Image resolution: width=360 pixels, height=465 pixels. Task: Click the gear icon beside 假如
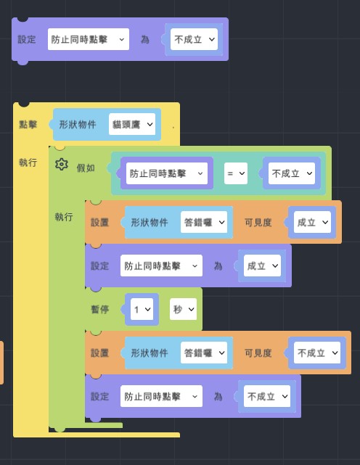coord(62,164)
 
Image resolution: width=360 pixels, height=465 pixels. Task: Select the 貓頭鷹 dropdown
coord(132,124)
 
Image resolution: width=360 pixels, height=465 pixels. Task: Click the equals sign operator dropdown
coord(236,173)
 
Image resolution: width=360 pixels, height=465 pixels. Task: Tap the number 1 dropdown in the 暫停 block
coord(142,309)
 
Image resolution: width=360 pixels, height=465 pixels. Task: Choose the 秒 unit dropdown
coord(183,309)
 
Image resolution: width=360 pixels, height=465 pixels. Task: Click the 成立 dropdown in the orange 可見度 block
coord(312,222)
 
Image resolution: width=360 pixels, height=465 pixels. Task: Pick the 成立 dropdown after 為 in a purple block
coord(262,266)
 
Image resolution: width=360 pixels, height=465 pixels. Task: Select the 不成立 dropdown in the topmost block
coord(194,39)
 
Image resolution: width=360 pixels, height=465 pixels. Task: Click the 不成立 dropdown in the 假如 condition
coord(292,173)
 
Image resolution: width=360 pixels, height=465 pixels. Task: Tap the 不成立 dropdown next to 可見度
coord(317,353)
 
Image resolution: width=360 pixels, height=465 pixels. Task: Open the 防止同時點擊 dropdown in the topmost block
coord(89,39)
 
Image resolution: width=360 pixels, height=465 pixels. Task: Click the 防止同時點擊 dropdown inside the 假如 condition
coord(167,173)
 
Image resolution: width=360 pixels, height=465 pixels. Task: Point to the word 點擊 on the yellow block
coord(28,124)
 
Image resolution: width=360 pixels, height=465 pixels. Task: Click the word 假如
coord(86,168)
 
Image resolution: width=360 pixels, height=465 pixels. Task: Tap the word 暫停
coord(99,309)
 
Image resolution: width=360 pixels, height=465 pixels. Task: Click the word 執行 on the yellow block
coord(28,162)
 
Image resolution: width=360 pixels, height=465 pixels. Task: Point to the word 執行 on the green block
coord(64,217)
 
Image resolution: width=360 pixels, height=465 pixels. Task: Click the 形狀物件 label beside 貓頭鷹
coord(78,124)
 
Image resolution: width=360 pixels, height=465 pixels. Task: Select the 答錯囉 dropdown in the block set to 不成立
coord(204,353)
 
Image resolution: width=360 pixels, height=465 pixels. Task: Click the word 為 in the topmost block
coord(145,39)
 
